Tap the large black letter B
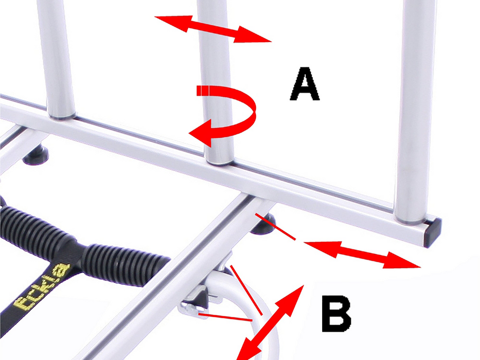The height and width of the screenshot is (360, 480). (336, 314)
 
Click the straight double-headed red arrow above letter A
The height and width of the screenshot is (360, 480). (213, 29)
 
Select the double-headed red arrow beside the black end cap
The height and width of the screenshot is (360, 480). (362, 255)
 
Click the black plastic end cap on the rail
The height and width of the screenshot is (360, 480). (432, 232)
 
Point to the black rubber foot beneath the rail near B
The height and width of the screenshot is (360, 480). (263, 225)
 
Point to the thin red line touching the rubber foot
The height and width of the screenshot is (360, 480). (276, 227)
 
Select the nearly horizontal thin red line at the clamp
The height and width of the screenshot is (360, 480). (225, 317)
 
